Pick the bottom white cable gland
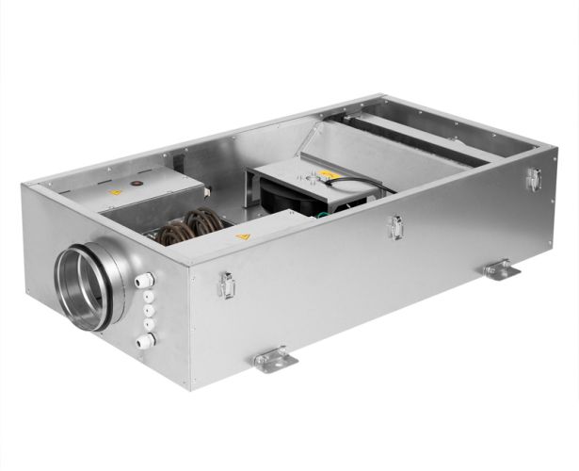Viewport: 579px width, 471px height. tap(146, 341)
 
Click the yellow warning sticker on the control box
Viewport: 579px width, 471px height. tap(116, 192)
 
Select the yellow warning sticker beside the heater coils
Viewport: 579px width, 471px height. tap(243, 236)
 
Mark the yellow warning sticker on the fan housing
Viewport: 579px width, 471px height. tap(326, 174)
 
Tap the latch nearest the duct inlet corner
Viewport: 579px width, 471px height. tap(227, 284)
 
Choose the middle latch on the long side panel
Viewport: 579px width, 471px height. tap(397, 226)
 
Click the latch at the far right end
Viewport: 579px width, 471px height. tap(534, 179)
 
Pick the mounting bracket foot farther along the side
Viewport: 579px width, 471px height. tap(501, 269)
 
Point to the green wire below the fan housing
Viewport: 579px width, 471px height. tap(323, 213)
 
